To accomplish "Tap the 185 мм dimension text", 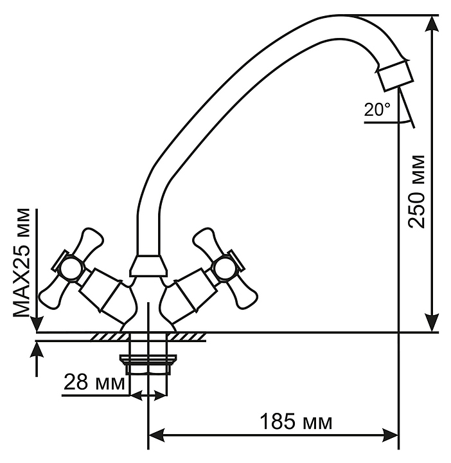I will coord(296,422).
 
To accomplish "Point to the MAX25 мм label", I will coord(23,263).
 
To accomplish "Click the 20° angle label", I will coord(377,110).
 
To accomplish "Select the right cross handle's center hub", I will coord(225,268).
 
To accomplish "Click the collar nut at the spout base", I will coord(147,265).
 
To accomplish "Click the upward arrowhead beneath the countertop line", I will coord(37,350).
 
